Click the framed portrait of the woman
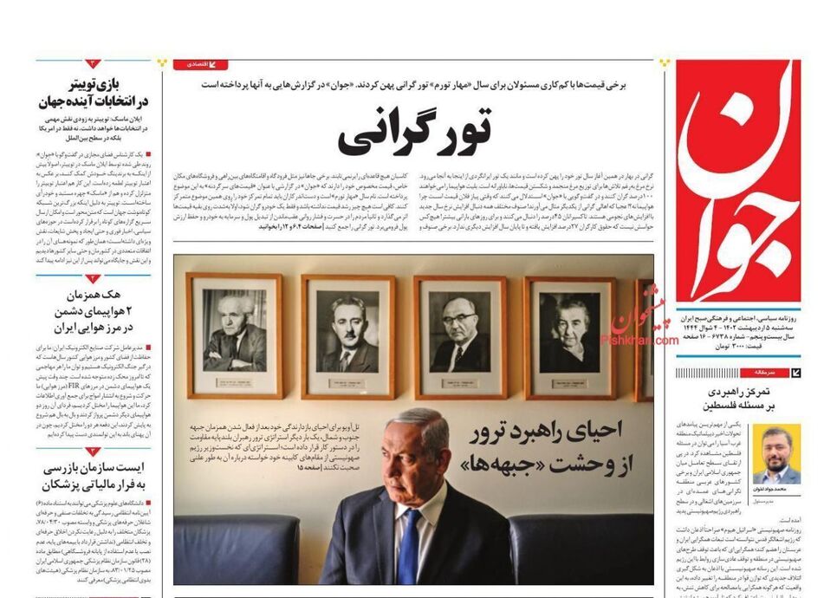569,334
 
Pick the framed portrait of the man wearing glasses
458,334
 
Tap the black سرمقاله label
774,372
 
